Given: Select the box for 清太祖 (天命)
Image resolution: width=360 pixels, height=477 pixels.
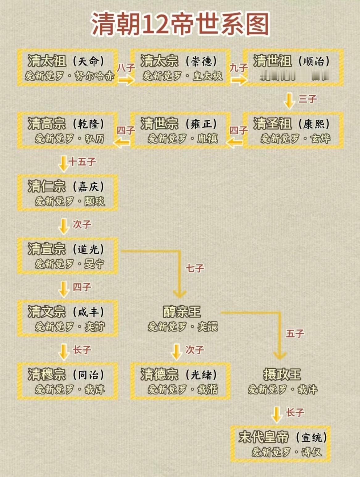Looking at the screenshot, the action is click(x=68, y=67).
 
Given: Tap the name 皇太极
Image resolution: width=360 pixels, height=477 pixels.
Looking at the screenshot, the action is click(x=207, y=76).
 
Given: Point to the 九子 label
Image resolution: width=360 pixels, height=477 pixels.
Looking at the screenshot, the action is click(x=238, y=67).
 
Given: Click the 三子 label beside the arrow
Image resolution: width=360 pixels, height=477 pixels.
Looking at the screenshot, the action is click(x=307, y=99).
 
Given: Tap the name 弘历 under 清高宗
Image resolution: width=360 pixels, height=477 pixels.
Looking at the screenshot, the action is click(x=95, y=139).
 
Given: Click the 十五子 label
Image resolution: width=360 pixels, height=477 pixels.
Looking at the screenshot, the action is click(x=82, y=162).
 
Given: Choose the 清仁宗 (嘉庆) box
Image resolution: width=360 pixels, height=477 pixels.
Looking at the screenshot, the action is click(x=68, y=193).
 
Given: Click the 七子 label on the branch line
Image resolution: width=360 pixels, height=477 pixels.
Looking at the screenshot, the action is click(x=195, y=268).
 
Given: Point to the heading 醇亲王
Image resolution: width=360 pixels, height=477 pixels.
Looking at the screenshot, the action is click(x=182, y=312).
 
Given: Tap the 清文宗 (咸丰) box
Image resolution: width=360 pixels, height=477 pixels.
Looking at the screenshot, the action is click(x=68, y=318).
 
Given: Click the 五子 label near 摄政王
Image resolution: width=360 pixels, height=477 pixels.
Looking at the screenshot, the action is click(x=295, y=333).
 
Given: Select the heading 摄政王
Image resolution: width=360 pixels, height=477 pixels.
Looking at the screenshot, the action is click(x=282, y=374).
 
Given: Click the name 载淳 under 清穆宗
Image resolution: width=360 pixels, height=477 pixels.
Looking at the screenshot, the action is click(x=95, y=389).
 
